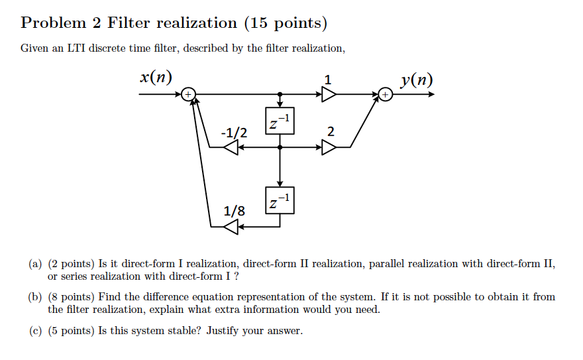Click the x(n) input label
(x=156, y=77)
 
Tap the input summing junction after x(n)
(x=188, y=95)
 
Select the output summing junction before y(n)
(x=386, y=95)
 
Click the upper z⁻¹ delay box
(x=280, y=121)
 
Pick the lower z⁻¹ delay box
(x=280, y=201)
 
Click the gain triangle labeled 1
(x=329, y=95)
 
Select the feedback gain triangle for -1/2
(x=231, y=148)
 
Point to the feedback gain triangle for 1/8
(x=231, y=227)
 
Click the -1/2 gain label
(x=234, y=133)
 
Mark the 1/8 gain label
(x=234, y=211)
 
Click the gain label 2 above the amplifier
(x=329, y=132)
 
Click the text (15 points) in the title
(x=286, y=23)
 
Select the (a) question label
(x=35, y=264)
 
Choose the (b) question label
(x=35, y=297)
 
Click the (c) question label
(x=35, y=330)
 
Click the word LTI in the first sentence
(x=74, y=48)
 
